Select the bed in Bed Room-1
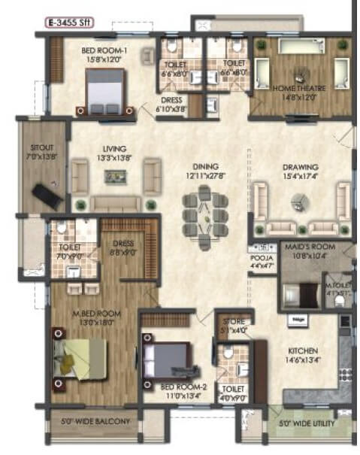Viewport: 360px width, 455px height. [104, 91]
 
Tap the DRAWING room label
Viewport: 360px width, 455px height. [301, 167]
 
